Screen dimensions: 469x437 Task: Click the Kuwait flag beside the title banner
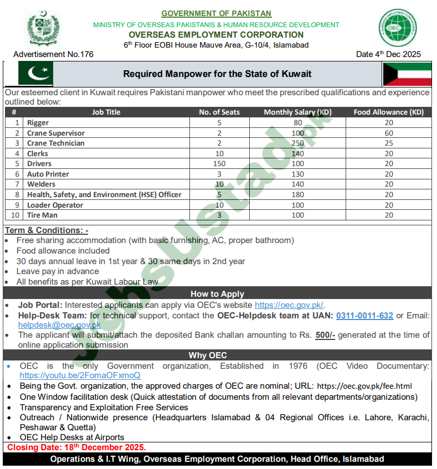click(407, 74)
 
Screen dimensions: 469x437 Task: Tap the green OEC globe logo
click(398, 28)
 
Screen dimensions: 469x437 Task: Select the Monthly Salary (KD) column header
click(297, 112)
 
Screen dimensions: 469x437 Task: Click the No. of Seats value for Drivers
click(219, 164)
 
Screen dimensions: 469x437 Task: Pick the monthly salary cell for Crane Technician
click(297, 143)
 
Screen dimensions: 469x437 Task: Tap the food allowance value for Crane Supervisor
click(389, 133)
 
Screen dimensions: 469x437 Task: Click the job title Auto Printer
click(48, 174)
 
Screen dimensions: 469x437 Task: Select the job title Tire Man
click(42, 215)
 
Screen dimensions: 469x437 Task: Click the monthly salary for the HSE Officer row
click(297, 195)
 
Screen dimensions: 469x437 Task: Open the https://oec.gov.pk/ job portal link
click(289, 305)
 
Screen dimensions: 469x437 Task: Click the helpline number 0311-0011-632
click(364, 316)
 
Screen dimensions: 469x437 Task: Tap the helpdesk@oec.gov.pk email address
click(60, 326)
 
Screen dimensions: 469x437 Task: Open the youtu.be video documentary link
click(80, 375)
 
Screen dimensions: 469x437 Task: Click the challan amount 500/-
click(325, 335)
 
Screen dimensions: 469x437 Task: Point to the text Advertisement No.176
click(53, 54)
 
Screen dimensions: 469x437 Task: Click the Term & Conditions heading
click(47, 230)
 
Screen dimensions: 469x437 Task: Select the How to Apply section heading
click(217, 294)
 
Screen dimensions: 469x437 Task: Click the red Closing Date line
click(76, 447)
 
